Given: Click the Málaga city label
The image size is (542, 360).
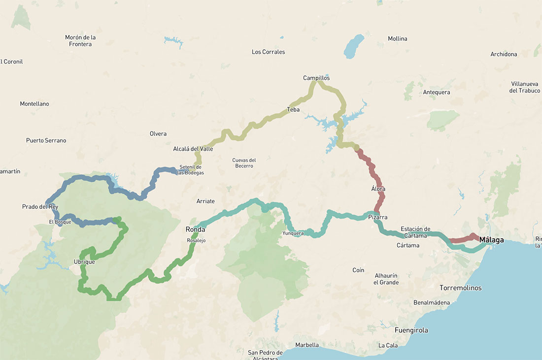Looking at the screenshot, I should pos(491,240).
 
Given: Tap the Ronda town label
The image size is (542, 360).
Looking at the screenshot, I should pos(195,229).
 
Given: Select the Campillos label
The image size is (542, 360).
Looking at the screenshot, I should pos(316,78).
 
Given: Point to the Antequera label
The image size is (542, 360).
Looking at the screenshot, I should pos(437,92).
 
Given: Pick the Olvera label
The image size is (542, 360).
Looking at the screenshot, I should pos(158,133).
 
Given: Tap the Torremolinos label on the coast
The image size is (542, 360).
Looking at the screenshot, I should pos(461,288).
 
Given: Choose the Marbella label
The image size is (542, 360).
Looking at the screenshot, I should pos(307,345).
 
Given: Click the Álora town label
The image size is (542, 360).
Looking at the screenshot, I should pos(378,189).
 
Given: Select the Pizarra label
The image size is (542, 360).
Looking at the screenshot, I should pos(377,217).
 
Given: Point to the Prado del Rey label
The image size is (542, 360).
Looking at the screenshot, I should pos(40,206).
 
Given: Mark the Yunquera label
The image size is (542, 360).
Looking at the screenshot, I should pos(293,233).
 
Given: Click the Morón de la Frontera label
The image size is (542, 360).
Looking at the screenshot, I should pos(80,40).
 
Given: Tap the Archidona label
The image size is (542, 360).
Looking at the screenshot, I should pos(504,54).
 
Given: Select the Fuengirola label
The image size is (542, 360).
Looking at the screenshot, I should pos(411,330).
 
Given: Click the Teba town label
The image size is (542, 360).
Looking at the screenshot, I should pos(293,109).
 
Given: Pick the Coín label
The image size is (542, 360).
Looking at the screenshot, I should pos(358,270).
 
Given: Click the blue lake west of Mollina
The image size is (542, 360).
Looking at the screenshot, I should pos(353,46).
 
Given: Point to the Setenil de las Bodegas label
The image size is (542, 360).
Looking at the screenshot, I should pos(190,170).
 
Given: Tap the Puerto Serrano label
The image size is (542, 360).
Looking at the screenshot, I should pos(46,140).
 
